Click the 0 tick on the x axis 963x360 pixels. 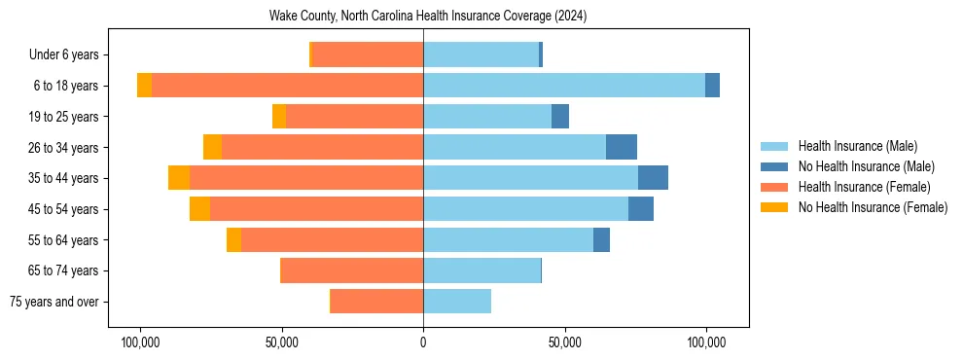[423, 343]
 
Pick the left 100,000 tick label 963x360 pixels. [140, 343]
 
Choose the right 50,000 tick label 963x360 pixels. [564, 343]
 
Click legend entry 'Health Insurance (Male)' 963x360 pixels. [857, 146]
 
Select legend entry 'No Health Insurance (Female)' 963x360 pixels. [873, 207]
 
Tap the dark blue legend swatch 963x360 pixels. [774, 166]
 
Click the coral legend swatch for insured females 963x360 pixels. [774, 187]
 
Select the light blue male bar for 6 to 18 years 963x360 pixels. [564, 86]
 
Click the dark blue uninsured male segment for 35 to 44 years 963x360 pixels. [653, 178]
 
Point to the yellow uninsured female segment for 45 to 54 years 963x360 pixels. [199, 209]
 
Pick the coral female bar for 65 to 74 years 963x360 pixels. [352, 270]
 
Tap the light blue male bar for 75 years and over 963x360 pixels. [457, 302]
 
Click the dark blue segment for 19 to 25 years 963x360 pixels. [560, 117]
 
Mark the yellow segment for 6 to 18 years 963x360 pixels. [144, 86]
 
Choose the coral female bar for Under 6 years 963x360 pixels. [368, 55]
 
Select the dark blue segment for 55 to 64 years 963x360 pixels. [601, 240]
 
